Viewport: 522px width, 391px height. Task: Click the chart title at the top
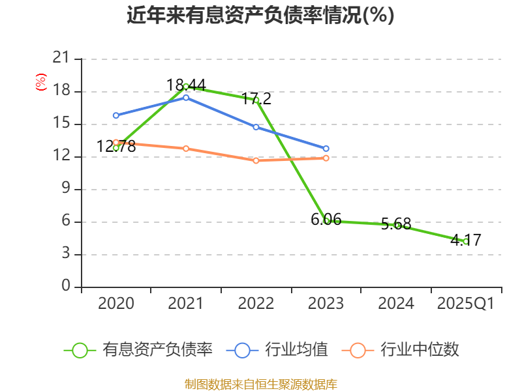[x=260, y=15]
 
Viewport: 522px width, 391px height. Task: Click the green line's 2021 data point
[x=186, y=86]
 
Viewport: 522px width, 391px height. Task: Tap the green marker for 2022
[x=256, y=100]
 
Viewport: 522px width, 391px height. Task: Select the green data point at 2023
[x=326, y=220]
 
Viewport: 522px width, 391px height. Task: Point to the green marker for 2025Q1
[x=466, y=241]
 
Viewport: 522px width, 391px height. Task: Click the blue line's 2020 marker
[x=116, y=115]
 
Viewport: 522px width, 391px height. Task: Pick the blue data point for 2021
[x=186, y=98]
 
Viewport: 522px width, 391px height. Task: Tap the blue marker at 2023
[x=326, y=149]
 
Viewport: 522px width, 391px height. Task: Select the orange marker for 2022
[x=256, y=160]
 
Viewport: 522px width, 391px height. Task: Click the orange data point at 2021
[x=186, y=149]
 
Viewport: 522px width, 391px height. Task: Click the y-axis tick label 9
[x=65, y=189]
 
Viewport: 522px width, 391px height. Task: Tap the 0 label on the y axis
[x=65, y=287]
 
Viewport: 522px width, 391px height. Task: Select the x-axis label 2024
[x=396, y=304]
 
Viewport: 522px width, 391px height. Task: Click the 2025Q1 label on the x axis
[x=466, y=304]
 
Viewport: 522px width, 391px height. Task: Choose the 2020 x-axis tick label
[x=116, y=304]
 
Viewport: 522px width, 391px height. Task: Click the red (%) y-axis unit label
[x=41, y=82]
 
